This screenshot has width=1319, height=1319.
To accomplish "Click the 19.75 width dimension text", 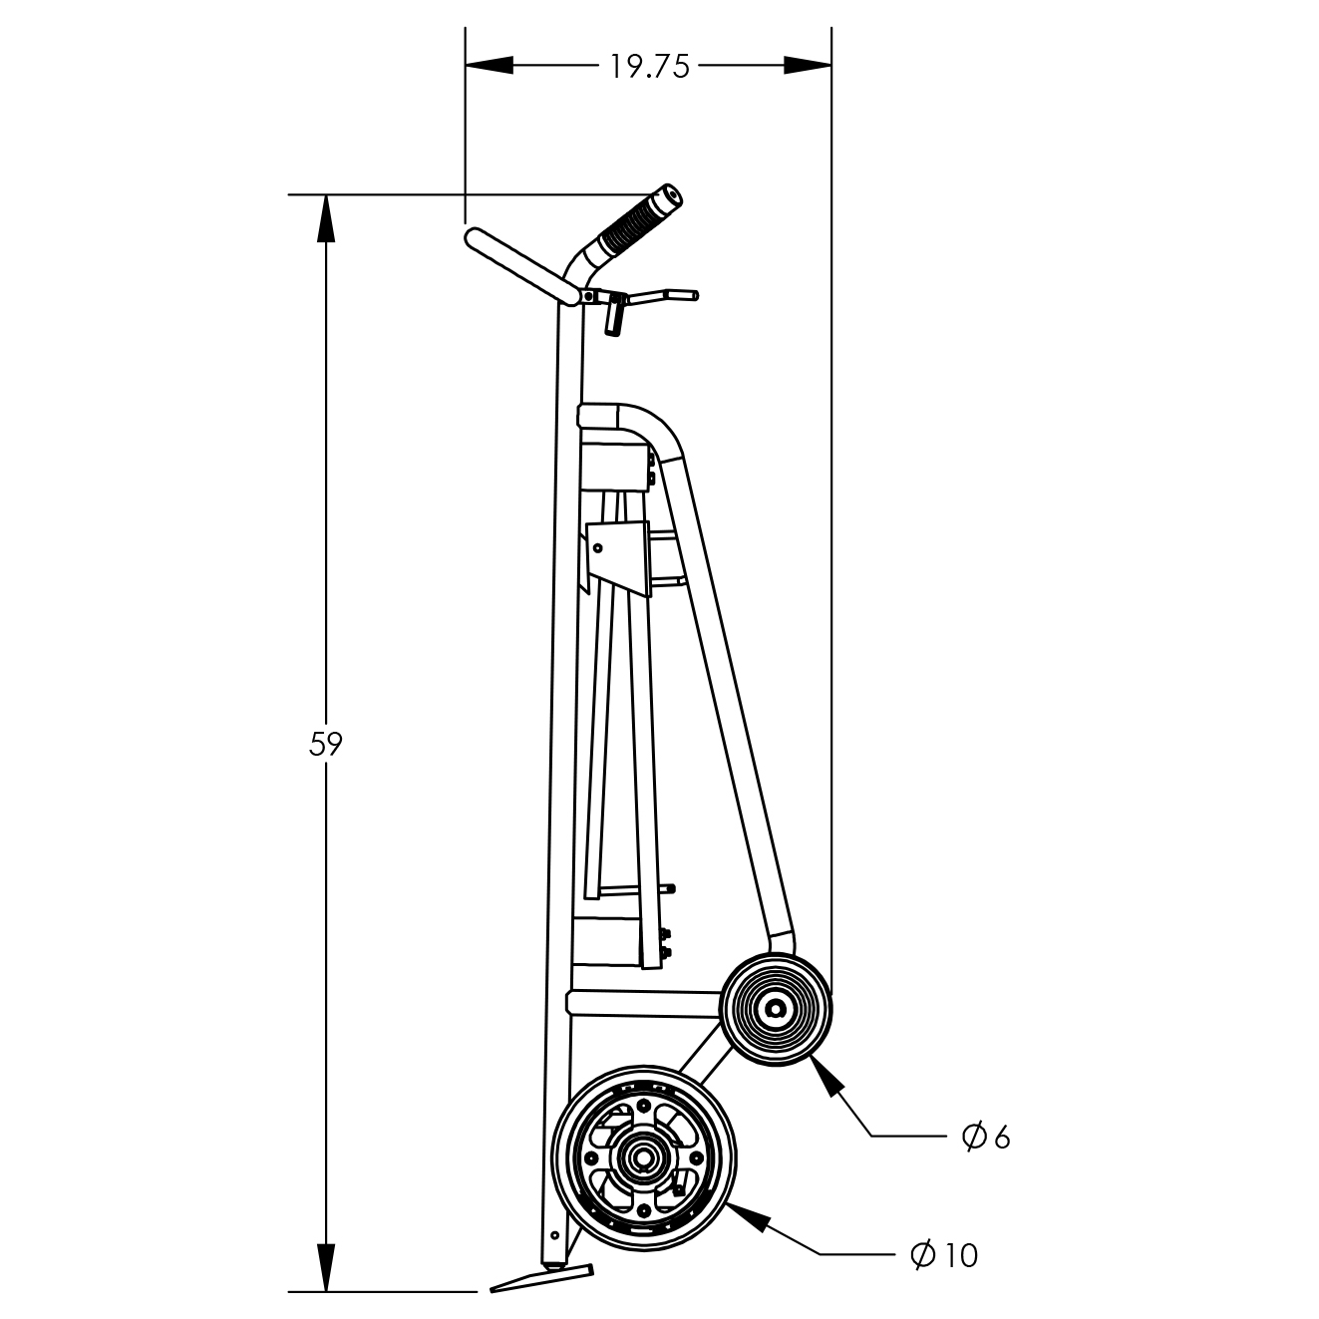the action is click(650, 67).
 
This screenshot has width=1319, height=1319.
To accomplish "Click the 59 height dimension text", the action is click(325, 744).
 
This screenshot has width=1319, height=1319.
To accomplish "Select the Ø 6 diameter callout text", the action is click(986, 1137).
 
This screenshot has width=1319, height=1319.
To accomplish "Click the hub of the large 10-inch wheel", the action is click(643, 1156).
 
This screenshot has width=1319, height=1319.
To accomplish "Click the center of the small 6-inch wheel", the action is click(776, 1008).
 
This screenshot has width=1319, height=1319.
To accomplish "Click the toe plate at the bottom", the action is click(541, 1277).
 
